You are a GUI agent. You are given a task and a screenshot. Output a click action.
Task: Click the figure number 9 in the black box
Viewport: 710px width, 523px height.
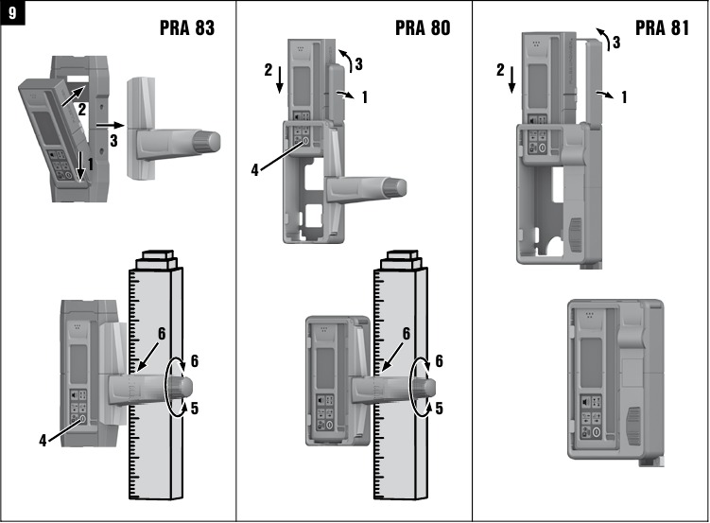tap(12, 13)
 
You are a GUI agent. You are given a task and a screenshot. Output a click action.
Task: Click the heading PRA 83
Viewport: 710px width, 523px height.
tap(186, 28)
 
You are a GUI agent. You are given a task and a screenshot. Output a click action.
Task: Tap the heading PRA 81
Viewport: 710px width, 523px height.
tap(662, 28)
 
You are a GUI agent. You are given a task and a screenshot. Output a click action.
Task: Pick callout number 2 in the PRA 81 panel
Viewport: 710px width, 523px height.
tap(500, 69)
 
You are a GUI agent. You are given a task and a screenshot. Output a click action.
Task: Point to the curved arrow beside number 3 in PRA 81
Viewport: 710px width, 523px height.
tap(601, 37)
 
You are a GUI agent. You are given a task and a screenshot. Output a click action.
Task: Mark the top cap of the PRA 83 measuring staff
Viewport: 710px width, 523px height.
tap(154, 261)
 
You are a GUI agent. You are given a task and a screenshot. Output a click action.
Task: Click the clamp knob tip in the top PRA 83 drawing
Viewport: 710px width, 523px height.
tap(215, 142)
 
